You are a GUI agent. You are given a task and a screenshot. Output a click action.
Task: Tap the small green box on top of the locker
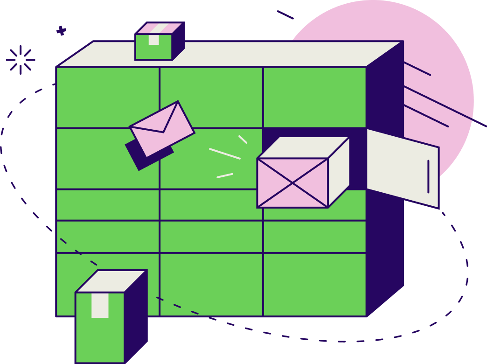tap(154, 47)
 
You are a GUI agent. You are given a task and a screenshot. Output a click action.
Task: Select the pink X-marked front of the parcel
tap(292, 183)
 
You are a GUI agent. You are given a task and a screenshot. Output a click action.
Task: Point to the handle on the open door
tap(428, 176)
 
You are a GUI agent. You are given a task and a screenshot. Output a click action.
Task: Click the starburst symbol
tap(21, 60)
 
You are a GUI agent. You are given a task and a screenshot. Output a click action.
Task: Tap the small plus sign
tap(61, 31)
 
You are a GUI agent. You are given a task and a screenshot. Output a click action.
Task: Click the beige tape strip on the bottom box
tap(100, 305)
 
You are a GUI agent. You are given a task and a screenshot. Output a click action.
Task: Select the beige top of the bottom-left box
tap(111, 281)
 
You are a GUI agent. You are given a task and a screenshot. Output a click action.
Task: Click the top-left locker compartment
tap(107, 97)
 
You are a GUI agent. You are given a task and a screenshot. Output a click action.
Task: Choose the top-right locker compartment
tap(314, 97)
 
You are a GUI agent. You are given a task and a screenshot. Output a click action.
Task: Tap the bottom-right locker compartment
tap(314, 285)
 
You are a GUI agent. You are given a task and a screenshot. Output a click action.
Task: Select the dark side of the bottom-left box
tap(136, 317)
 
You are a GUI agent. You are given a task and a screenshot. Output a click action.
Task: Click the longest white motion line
tap(224, 154)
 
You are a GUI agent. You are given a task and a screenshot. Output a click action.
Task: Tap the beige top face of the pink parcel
tap(303, 147)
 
